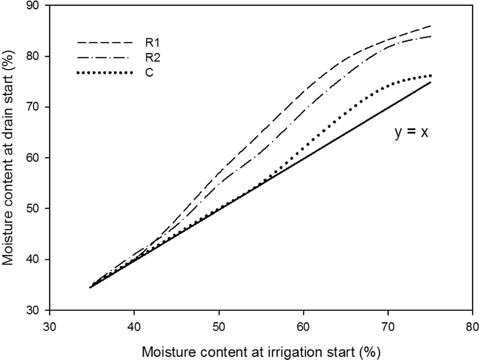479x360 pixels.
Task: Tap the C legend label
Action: tap(149, 73)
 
